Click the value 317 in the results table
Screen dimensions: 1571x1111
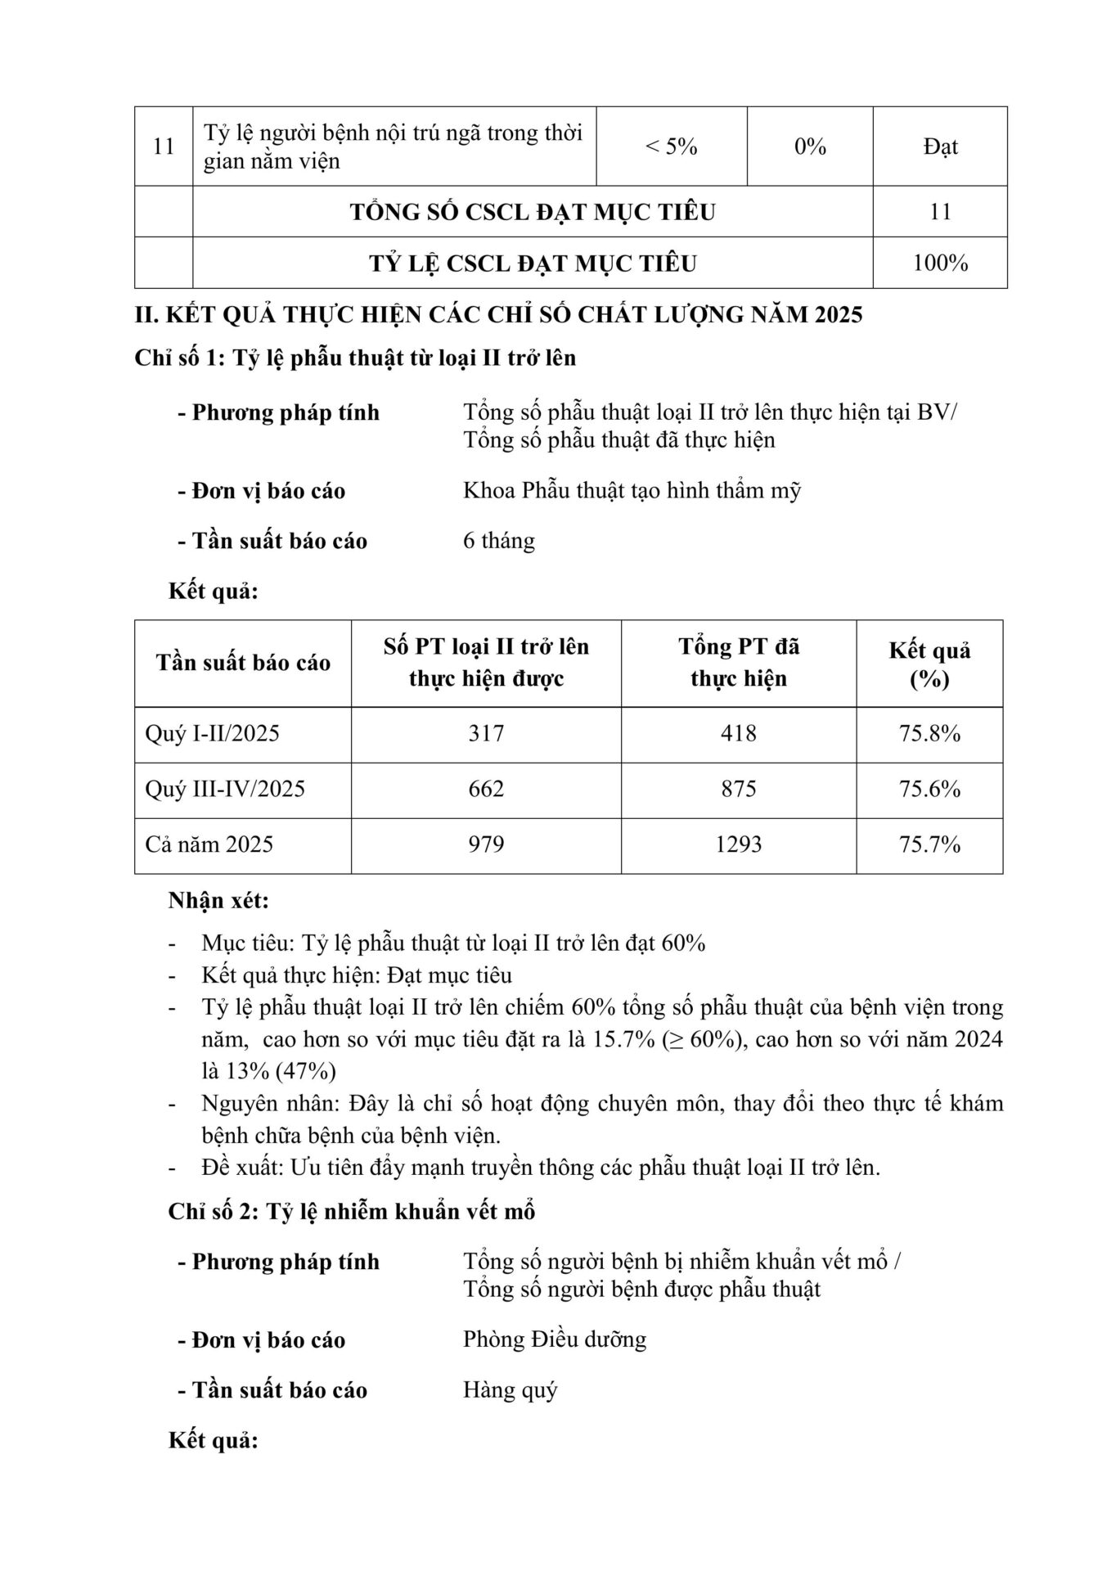[486, 733]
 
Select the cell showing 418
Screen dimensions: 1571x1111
[738, 733]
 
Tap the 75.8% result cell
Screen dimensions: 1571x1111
[929, 733]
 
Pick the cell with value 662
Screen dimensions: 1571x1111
[486, 789]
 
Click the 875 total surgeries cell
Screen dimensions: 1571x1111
[738, 789]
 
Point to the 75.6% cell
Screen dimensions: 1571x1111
[929, 789]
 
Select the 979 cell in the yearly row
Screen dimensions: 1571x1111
[486, 844]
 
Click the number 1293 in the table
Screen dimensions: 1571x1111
[738, 844]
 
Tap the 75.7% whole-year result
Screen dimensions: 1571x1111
[929, 844]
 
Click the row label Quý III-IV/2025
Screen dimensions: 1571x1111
[225, 789]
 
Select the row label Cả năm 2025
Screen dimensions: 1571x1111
[209, 844]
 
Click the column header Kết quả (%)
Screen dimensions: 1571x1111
[929, 664]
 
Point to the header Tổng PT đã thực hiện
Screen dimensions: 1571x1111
[738, 663]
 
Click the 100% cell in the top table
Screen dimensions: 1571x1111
[940, 263]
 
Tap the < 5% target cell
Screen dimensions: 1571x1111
[671, 146]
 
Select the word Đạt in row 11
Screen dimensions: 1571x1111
[940, 146]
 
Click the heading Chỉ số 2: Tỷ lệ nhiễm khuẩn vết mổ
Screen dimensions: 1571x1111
[352, 1211]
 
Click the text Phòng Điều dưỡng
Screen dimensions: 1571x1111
[555, 1339]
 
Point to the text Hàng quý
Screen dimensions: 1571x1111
[510, 1389]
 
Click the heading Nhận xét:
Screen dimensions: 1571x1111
[218, 900]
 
